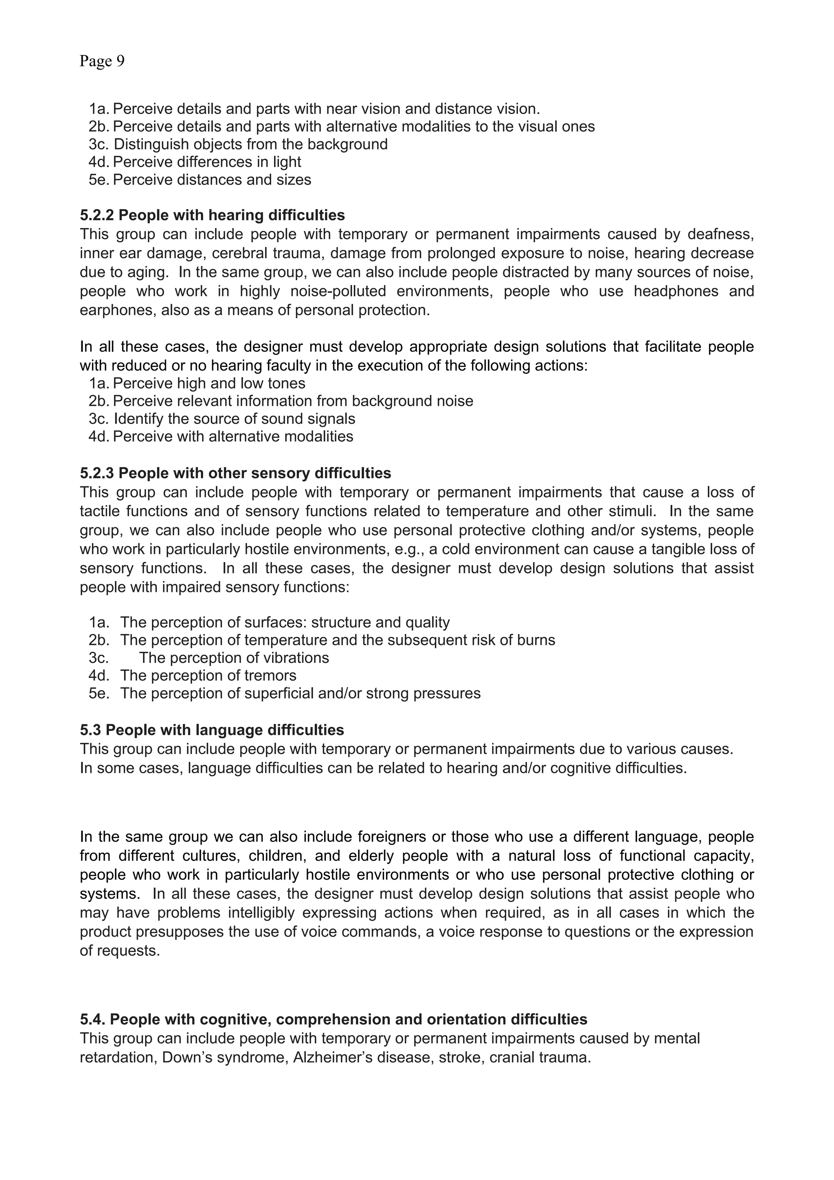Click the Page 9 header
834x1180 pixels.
[x=102, y=61]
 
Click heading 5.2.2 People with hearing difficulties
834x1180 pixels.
[x=212, y=215]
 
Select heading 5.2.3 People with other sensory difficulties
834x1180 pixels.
[x=235, y=473]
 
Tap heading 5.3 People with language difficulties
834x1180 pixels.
[x=212, y=730]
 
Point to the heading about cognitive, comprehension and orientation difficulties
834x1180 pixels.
[x=334, y=1019]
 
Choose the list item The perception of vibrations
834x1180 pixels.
[x=234, y=658]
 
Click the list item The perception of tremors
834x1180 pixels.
[x=208, y=676]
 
